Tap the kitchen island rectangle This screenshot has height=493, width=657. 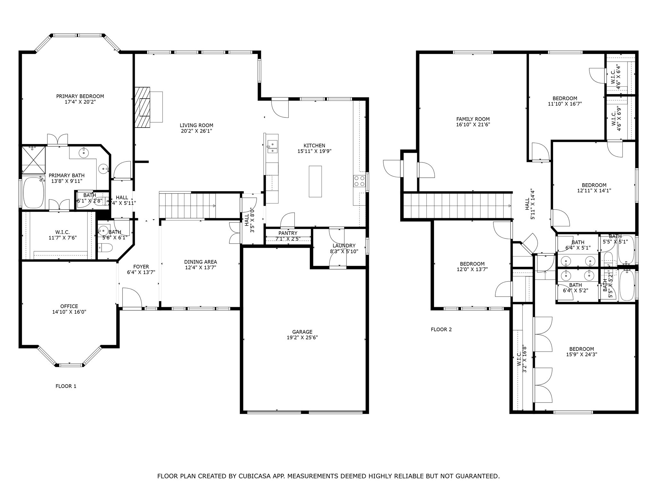315,181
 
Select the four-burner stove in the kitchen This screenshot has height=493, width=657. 359,181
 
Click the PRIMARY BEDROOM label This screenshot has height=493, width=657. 80,96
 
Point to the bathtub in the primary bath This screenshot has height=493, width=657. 33,193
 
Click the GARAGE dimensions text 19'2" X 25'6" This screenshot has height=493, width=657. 302,338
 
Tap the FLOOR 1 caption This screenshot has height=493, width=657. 66,386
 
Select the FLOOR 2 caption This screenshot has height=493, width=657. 441,329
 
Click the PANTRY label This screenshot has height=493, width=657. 288,233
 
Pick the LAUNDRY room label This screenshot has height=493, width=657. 344,246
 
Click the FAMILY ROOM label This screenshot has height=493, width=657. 473,119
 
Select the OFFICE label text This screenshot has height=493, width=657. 69,306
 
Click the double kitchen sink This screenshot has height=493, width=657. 272,147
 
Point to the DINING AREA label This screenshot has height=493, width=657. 201,262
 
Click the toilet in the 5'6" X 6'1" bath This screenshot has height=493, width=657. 106,247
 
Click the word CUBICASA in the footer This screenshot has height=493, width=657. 253,476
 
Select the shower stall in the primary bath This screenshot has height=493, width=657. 33,160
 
